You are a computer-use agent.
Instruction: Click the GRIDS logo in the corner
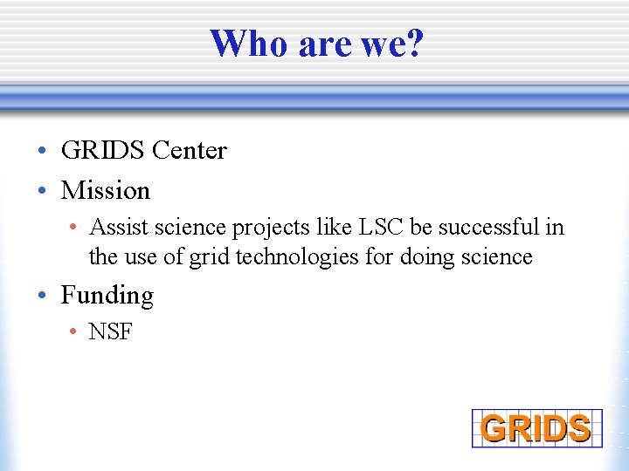(x=536, y=428)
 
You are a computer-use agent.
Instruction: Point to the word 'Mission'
(x=105, y=190)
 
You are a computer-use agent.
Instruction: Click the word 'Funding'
(x=107, y=296)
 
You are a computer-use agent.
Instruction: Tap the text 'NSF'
(x=110, y=332)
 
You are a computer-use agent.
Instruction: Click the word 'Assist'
(x=115, y=228)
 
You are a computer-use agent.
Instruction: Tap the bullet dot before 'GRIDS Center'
(x=43, y=152)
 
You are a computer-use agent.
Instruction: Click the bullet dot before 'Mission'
(x=43, y=191)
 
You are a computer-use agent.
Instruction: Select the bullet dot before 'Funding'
(x=43, y=297)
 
